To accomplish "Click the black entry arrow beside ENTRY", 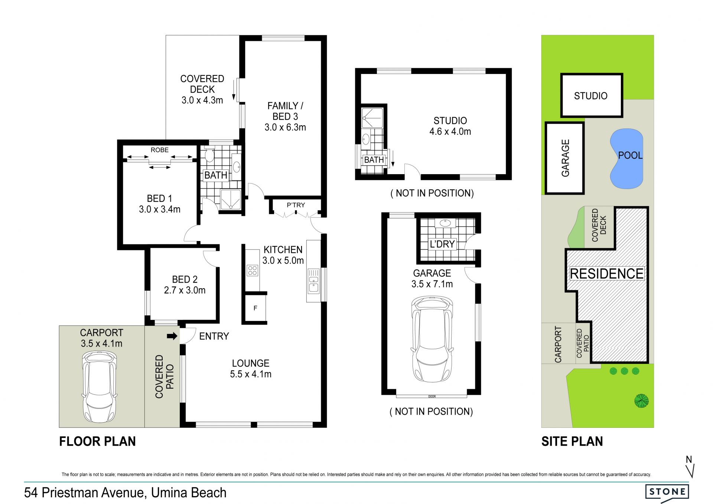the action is (x=172, y=336).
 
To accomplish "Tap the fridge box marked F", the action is (x=255, y=308).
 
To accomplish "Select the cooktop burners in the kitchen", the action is (x=253, y=270).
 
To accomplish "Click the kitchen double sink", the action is (x=313, y=280).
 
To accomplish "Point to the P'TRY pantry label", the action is (x=296, y=205).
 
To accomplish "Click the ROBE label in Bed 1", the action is (x=160, y=150).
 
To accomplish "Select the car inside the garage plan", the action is (x=432, y=339).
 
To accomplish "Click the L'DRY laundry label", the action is (x=442, y=244).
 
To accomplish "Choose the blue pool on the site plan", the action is (x=626, y=159).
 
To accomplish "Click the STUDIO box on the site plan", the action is (x=591, y=95).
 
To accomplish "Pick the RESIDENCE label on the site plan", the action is (x=607, y=274).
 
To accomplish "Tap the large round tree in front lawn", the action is (x=641, y=401).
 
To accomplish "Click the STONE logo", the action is (x=667, y=492).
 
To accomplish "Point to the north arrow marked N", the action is (x=690, y=466).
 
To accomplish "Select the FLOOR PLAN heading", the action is (x=98, y=441).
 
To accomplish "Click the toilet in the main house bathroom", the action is (x=209, y=155).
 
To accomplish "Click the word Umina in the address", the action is (x=170, y=492).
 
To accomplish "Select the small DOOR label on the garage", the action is (x=432, y=397).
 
